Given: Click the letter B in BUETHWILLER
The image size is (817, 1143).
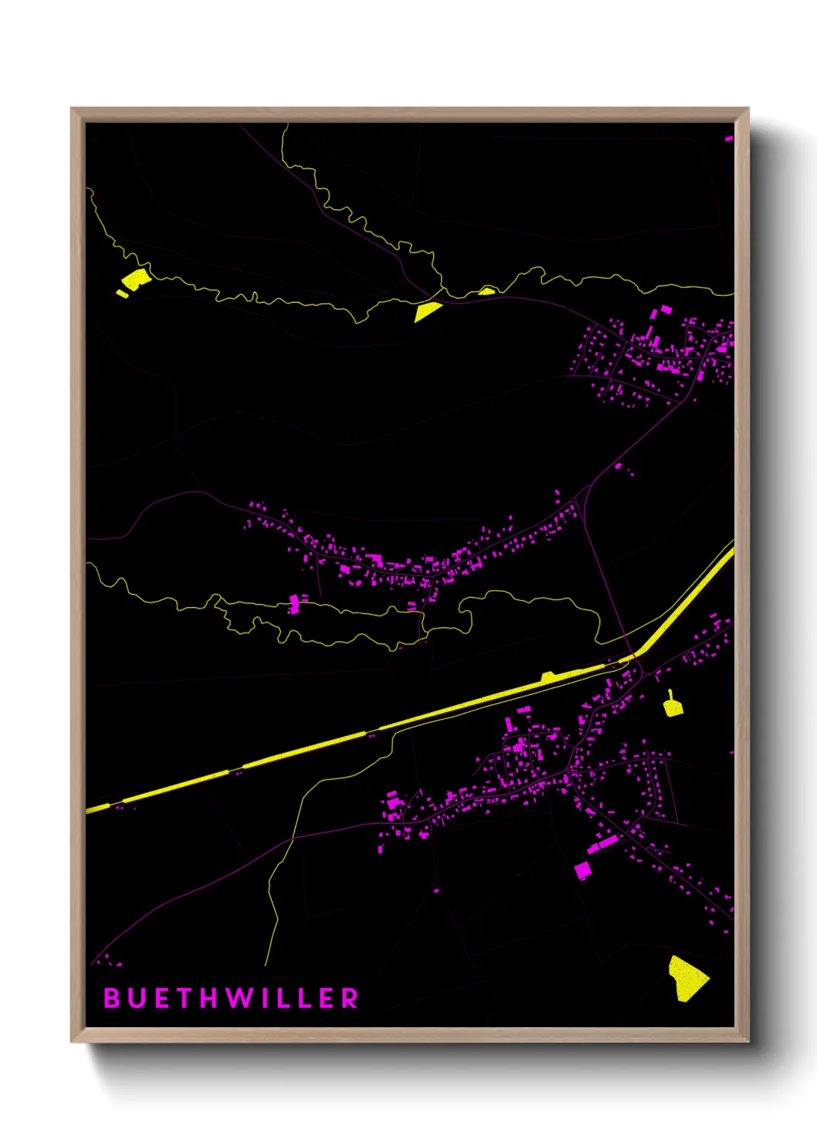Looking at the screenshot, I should pos(111,998).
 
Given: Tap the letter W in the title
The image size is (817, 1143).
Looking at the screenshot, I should pos(236,998).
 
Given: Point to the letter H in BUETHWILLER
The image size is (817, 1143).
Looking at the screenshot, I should pos(208,998).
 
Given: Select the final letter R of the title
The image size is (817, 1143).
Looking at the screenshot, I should pos(351,998).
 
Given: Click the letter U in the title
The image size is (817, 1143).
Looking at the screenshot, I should pos(135,998).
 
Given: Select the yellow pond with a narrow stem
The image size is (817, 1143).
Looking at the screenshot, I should pos(673,706).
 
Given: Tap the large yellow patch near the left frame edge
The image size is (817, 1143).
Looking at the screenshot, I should pos(136,279).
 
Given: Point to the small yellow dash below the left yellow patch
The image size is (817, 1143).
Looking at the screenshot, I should pos(122,293).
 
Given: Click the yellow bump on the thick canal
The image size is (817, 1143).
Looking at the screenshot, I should pos(548,677).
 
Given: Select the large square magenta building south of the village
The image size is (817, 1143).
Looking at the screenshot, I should pos(583,870).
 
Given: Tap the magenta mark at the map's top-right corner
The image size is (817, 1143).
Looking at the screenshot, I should pos(728,139).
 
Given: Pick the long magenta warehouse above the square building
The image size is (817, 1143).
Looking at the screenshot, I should pos(604,843).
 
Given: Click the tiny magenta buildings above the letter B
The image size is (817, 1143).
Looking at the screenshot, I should pos(110,962).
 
